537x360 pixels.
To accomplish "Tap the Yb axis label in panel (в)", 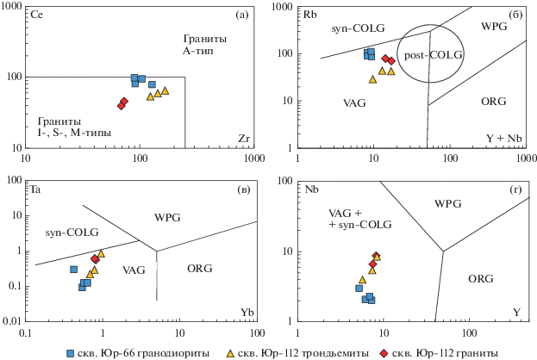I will coord(245,310).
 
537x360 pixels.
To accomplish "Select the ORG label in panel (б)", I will coord(492,102).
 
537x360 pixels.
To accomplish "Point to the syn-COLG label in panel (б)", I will coord(353,30).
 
